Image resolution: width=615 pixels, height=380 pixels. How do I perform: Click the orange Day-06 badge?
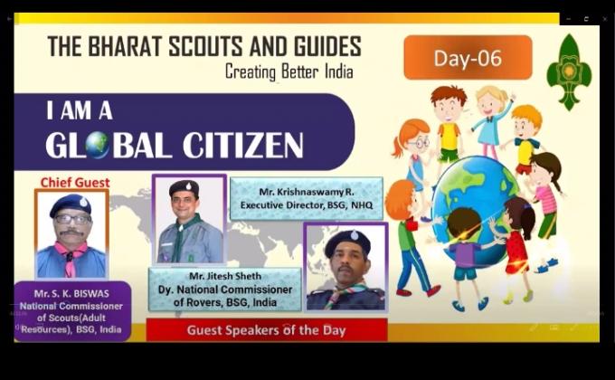pos(467,58)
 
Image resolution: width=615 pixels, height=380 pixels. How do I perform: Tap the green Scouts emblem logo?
pos(569,71)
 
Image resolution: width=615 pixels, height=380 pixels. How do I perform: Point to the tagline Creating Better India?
pos(289,71)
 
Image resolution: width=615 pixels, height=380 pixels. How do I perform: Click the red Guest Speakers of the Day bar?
pos(266,330)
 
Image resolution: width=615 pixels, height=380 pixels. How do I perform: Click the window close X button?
pos(604,19)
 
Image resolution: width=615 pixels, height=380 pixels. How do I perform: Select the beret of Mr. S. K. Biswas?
pos(70,204)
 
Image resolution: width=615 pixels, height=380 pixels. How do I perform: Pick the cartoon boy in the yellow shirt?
pos(449,122)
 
